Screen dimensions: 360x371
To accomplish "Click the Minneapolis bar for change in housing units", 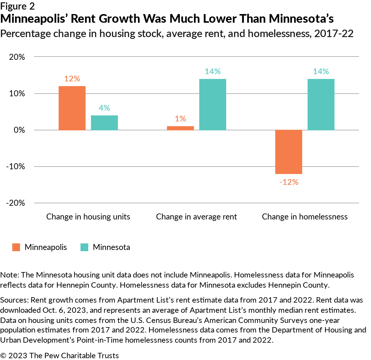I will [x=72, y=108].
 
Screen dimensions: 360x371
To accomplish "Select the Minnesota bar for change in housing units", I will [x=104, y=123].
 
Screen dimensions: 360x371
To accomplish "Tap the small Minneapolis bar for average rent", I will [x=180, y=128].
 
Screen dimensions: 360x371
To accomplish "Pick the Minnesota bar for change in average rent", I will [x=213, y=104].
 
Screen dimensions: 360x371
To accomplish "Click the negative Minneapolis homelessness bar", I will [x=289, y=152].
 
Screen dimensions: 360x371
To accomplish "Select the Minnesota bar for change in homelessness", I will [x=321, y=104].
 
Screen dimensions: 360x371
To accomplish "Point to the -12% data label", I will [x=289, y=182].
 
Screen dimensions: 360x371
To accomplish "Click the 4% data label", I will [x=104, y=108].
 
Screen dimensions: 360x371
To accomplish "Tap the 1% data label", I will [x=180, y=119].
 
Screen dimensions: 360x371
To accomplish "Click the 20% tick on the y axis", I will [x=17, y=57].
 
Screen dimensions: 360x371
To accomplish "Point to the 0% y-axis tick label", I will [x=19, y=130].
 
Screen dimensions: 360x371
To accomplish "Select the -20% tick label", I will [x=16, y=203].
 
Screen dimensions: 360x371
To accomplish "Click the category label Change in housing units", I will [x=88, y=217].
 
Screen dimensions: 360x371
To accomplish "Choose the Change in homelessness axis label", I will [x=305, y=217].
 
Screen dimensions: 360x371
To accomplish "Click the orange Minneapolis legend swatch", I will [x=16, y=247].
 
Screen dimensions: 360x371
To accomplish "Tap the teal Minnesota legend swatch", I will [x=84, y=247].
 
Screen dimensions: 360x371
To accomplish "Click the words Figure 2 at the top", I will [x=17, y=6].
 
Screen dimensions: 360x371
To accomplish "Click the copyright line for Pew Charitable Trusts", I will [x=60, y=356].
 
